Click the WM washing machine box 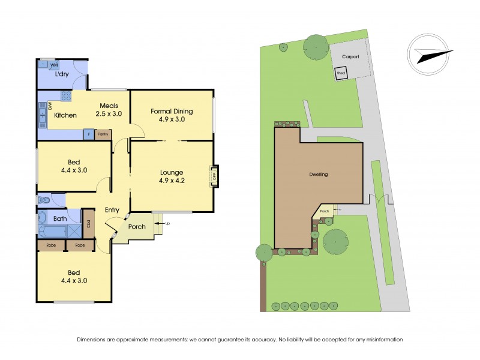[53, 64]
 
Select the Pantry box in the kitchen [103, 134]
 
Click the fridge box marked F [89, 134]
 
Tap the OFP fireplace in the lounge [214, 176]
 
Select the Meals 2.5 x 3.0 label [110, 109]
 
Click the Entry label [112, 210]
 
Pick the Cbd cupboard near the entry [89, 225]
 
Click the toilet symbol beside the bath [44, 200]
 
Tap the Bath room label [60, 219]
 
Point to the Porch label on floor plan [137, 227]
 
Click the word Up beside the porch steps [167, 223]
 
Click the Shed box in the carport [341, 73]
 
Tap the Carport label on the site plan [350, 56]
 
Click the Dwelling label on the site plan [319, 175]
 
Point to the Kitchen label [65, 115]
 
